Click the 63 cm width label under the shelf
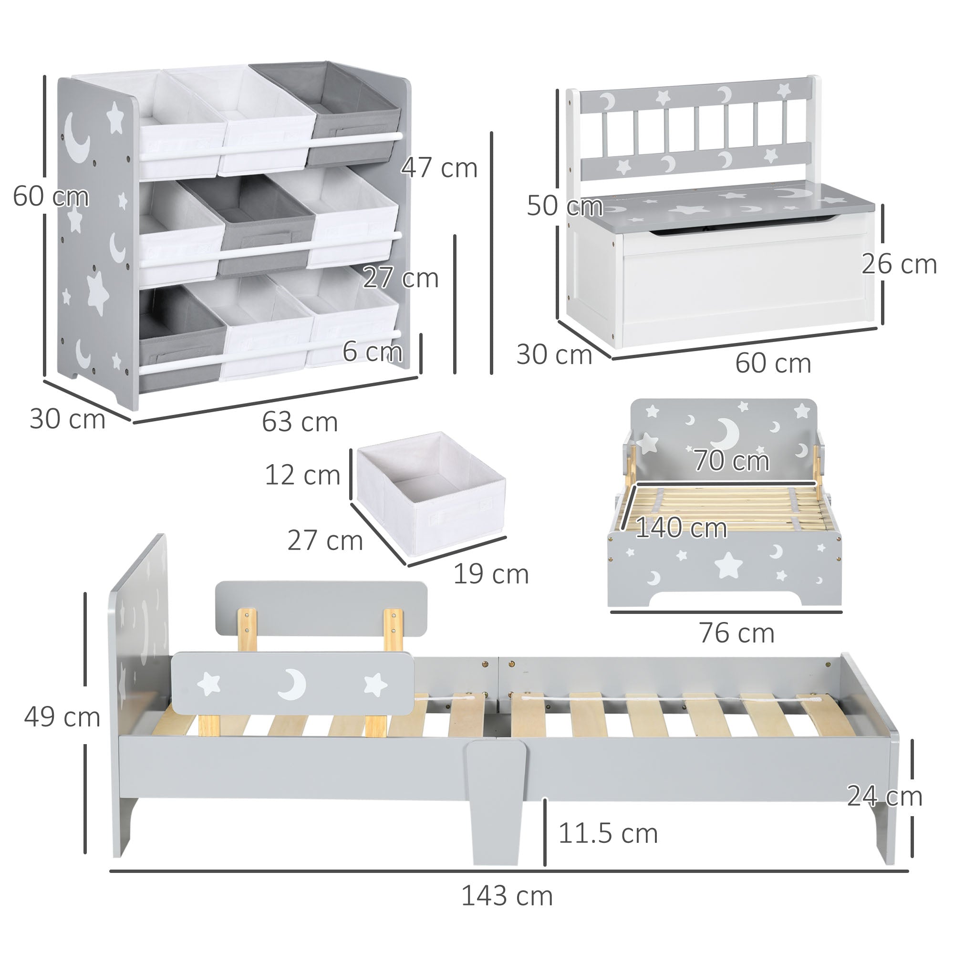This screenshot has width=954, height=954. click(x=300, y=422)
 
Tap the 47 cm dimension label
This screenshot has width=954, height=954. click(x=439, y=168)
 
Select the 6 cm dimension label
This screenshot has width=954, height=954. click(x=373, y=352)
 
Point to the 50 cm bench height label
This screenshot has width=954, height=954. click(x=564, y=206)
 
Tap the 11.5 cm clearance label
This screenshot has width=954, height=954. click(x=607, y=833)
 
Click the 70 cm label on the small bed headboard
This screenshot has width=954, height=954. click(x=731, y=461)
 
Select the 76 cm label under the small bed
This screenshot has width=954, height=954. click(x=736, y=633)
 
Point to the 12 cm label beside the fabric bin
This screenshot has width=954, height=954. click(x=302, y=475)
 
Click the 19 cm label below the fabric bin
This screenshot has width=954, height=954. click(x=490, y=574)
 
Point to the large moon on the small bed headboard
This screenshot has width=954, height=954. click(x=727, y=432)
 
